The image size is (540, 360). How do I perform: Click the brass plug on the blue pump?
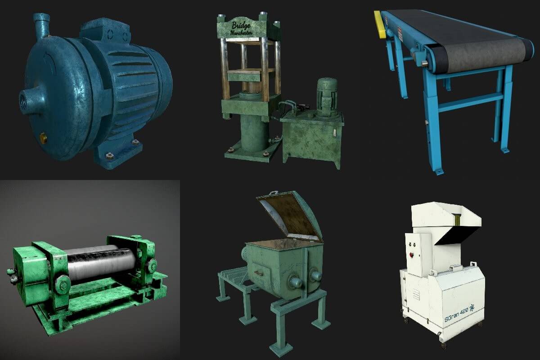(x=43, y=135)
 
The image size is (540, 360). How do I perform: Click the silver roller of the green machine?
(x=99, y=263)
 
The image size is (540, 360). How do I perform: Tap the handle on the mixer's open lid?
(x=272, y=194)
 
